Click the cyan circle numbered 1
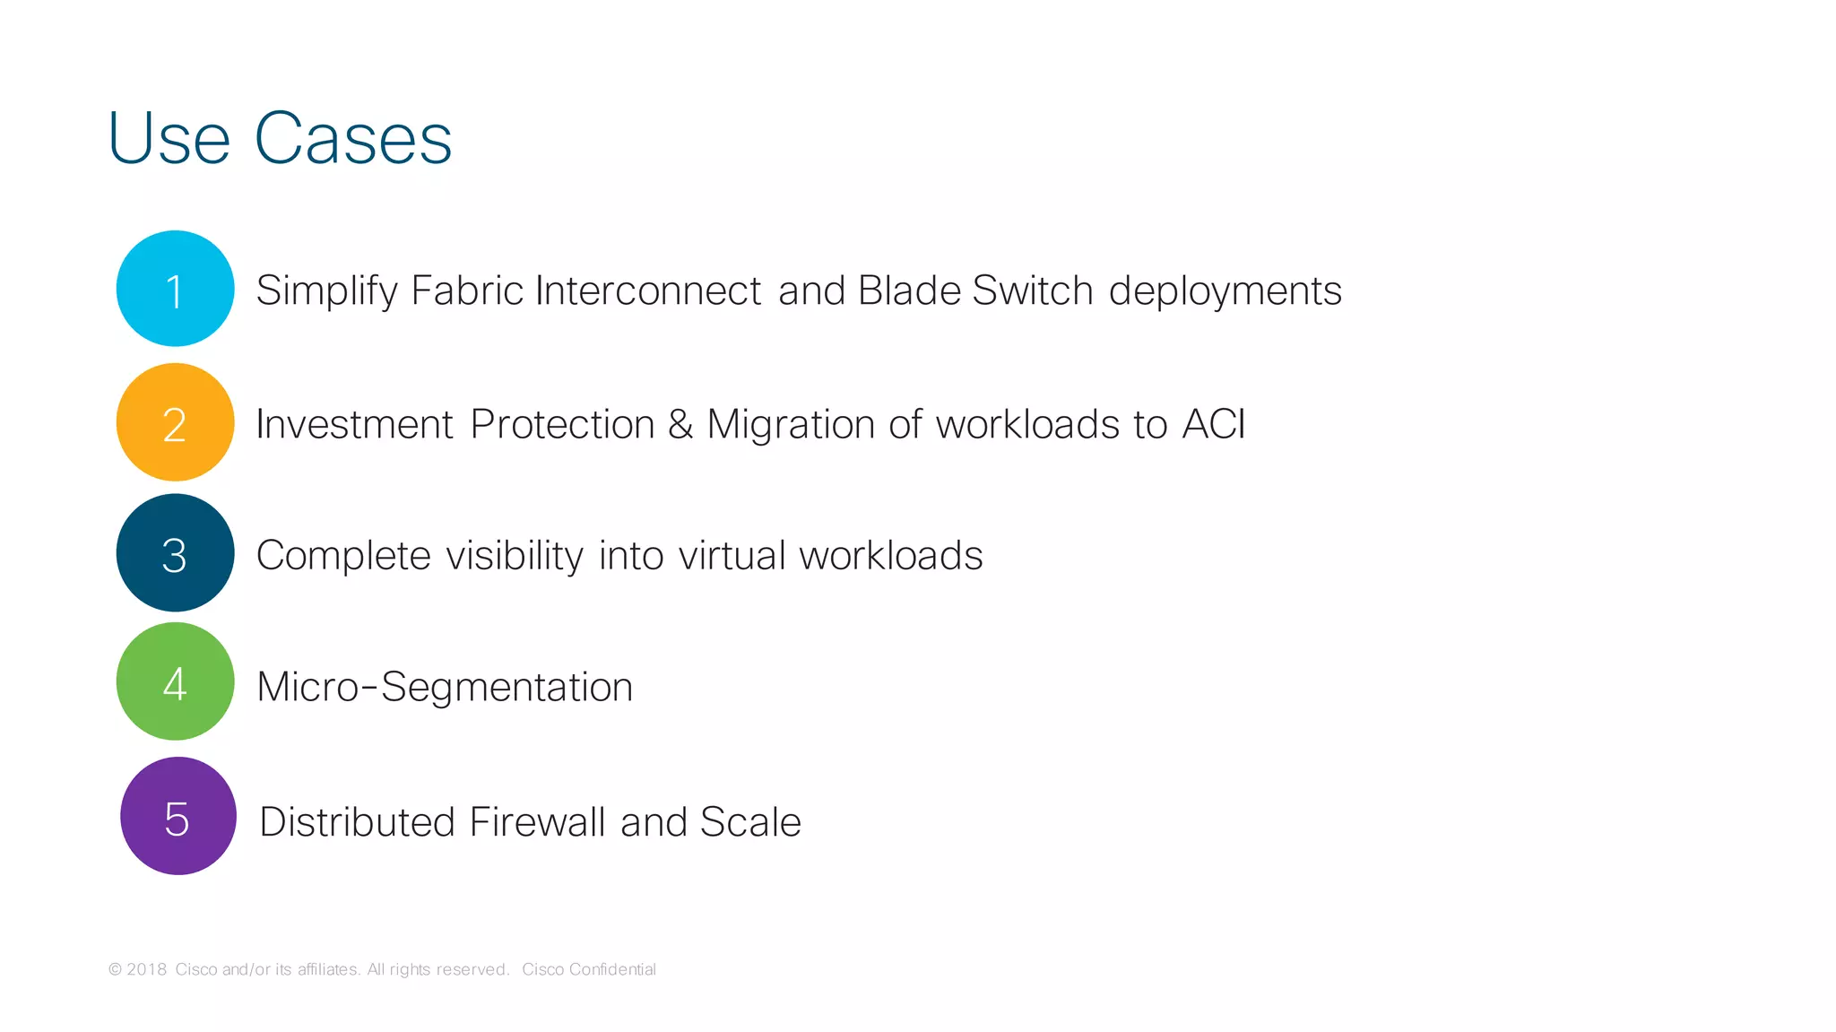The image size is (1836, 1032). (175, 289)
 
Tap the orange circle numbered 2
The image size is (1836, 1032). (175, 422)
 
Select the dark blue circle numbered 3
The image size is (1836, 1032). (175, 553)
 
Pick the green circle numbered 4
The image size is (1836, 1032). (175, 682)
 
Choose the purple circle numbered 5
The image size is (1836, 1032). (178, 816)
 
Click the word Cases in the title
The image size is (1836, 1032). (353, 139)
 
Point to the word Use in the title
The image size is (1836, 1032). (169, 139)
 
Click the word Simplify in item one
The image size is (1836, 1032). (326, 291)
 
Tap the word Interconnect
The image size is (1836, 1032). (648, 291)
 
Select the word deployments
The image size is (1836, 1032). (1225, 291)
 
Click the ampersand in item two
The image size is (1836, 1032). (680, 424)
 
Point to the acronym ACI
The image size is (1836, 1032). (1214, 424)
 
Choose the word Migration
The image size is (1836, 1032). (791, 425)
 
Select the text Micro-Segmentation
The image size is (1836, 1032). (445, 688)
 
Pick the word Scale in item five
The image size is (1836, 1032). (750, 822)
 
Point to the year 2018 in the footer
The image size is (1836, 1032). (146, 969)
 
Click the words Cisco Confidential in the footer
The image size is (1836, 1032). (589, 969)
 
